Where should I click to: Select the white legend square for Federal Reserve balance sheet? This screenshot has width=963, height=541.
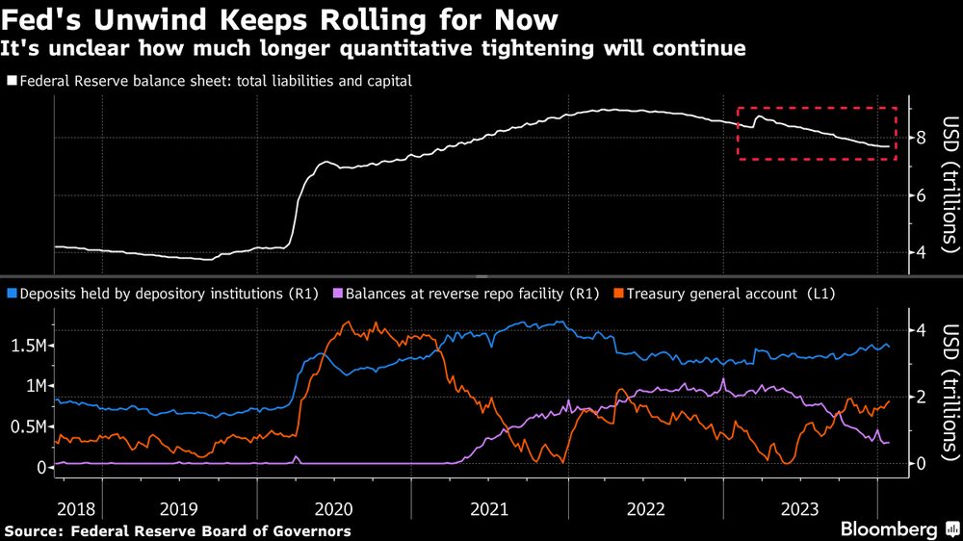point(11,82)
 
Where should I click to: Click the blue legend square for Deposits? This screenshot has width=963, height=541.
point(11,291)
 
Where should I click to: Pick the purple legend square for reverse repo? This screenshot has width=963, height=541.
point(336,291)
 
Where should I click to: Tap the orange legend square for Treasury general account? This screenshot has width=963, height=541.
point(619,291)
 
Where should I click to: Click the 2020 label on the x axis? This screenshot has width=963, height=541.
point(334,507)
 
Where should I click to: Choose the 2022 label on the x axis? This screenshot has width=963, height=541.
point(644,507)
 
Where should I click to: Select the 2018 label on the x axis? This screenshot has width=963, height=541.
point(76,507)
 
